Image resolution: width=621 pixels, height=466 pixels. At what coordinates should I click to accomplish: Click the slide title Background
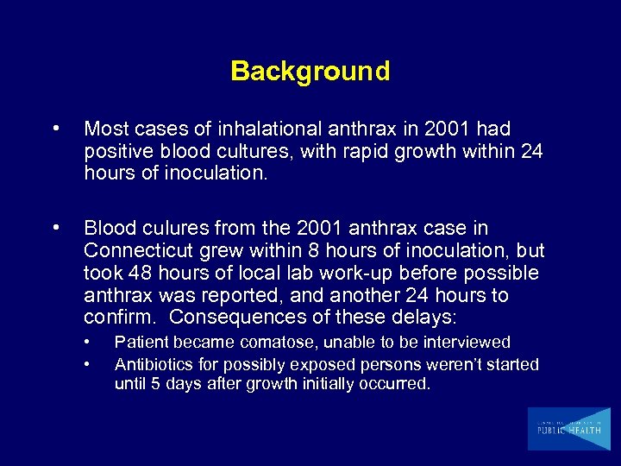click(x=310, y=71)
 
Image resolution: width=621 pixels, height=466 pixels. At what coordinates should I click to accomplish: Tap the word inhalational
click(x=274, y=129)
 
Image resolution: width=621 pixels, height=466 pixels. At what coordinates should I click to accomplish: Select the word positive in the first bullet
click(x=116, y=151)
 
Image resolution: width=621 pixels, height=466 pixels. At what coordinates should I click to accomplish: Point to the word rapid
click(x=363, y=151)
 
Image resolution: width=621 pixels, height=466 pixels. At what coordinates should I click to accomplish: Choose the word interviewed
click(x=467, y=343)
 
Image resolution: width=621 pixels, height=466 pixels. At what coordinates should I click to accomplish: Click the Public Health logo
click(x=568, y=429)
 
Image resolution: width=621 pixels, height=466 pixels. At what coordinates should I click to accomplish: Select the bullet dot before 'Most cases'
click(x=56, y=129)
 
